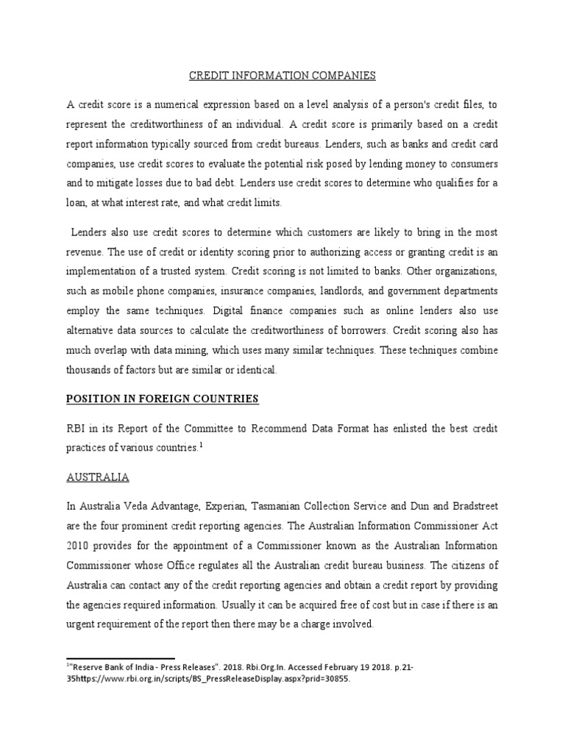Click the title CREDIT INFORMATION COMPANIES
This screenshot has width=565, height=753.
coord(282,75)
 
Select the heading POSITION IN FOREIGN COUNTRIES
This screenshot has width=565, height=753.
coord(162,399)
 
